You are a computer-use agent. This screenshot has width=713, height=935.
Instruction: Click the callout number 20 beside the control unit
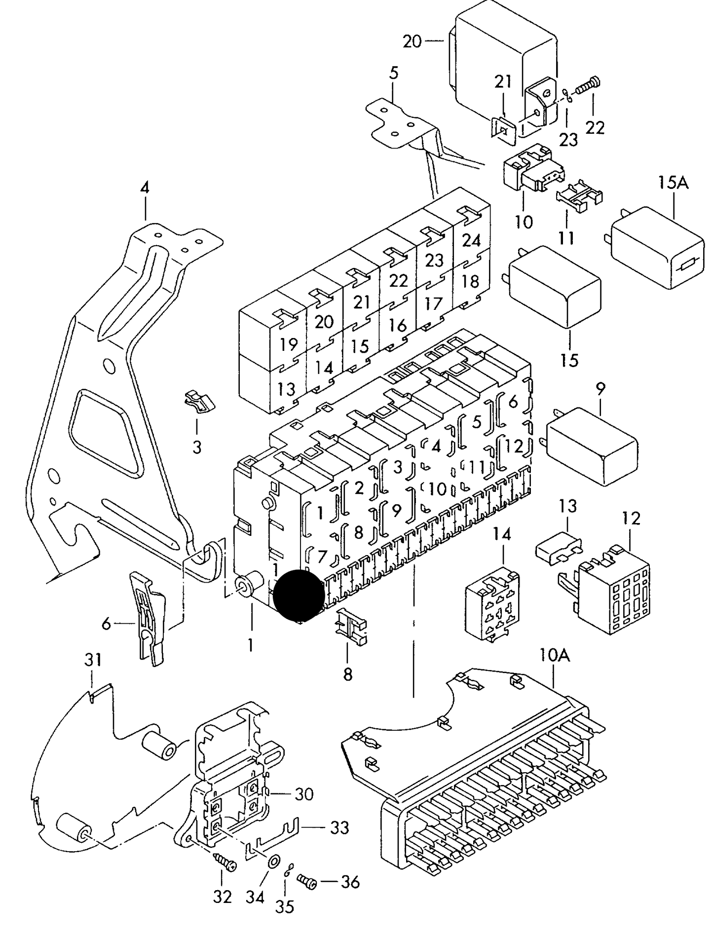[412, 41]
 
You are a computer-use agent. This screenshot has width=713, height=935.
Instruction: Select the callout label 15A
[674, 184]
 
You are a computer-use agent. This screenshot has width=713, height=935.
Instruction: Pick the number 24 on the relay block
[471, 240]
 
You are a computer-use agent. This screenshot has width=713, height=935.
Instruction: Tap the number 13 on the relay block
[286, 389]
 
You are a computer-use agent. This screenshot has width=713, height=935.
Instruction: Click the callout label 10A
[555, 655]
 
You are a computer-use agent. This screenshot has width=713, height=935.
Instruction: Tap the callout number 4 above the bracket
[144, 188]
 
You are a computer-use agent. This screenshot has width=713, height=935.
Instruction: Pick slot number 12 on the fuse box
[514, 447]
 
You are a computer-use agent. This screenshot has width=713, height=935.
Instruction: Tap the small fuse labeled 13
[559, 550]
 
